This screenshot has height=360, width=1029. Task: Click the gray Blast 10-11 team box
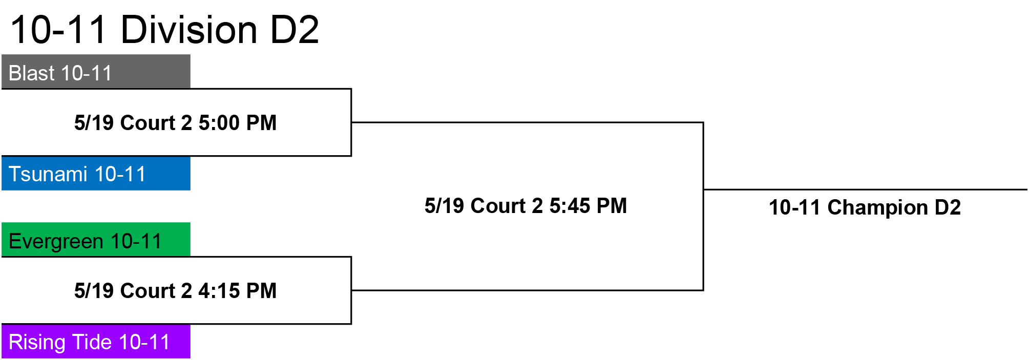[x=96, y=71]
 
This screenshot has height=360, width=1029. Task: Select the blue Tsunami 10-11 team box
[x=96, y=174]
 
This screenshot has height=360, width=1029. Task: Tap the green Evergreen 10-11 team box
[x=96, y=239]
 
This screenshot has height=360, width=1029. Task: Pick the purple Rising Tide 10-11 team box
[x=96, y=342]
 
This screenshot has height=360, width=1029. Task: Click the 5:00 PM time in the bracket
[x=238, y=123]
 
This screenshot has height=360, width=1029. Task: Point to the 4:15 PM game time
[x=238, y=291]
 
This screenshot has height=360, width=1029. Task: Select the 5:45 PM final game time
[x=588, y=206]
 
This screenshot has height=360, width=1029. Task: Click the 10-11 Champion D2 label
[x=865, y=207]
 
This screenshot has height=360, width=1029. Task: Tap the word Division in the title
[x=189, y=29]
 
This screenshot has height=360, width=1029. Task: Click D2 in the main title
[x=295, y=29]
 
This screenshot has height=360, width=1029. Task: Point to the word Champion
[x=877, y=207]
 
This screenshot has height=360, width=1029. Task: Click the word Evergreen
[x=56, y=241]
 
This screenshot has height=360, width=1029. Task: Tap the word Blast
[x=32, y=73]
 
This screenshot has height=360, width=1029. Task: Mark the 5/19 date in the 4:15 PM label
[x=94, y=291]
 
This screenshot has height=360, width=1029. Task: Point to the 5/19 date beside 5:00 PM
[x=94, y=123]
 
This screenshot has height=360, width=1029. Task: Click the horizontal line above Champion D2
[x=866, y=189]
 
